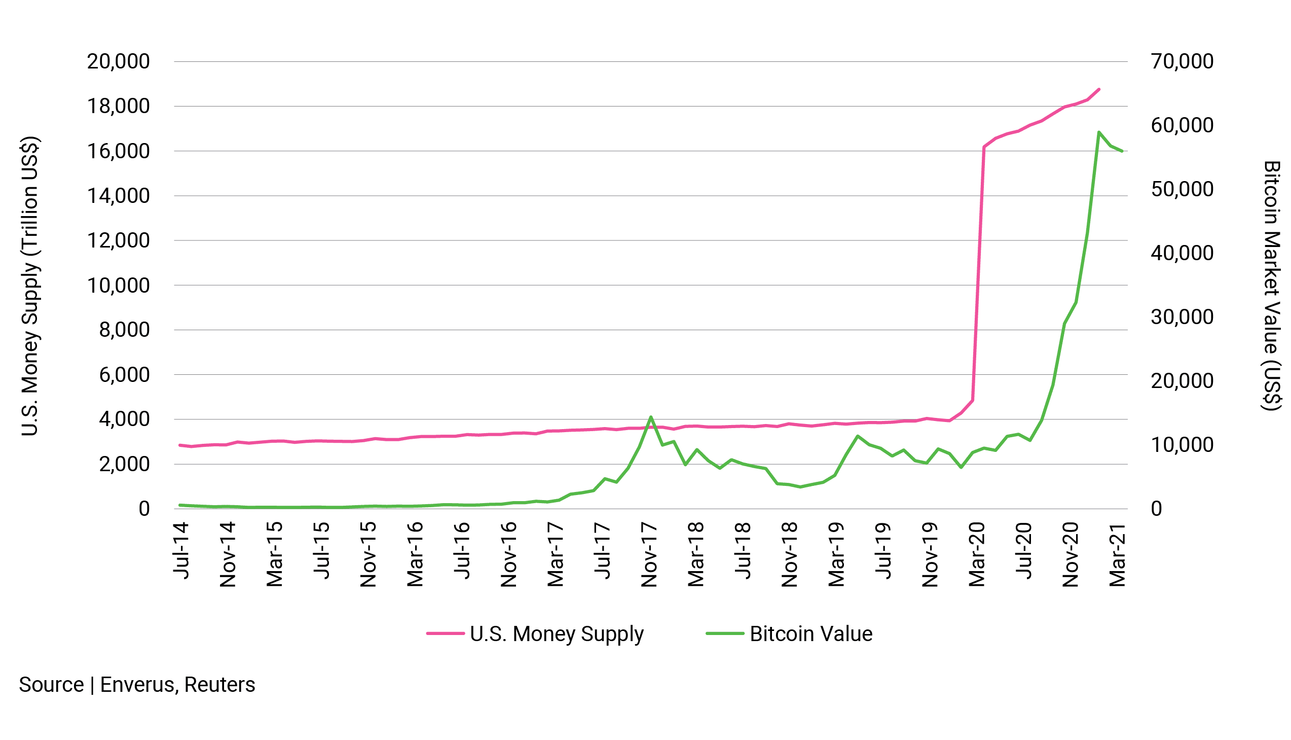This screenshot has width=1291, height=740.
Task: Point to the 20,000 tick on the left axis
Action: click(x=118, y=61)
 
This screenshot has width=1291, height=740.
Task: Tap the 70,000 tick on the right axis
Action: click(x=1182, y=61)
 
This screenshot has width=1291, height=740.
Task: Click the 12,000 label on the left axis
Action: click(x=118, y=240)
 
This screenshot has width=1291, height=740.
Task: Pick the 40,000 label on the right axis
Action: click(x=1182, y=253)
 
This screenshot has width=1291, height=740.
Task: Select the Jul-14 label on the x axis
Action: click(x=181, y=550)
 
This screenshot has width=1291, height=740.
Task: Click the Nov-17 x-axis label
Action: click(x=650, y=554)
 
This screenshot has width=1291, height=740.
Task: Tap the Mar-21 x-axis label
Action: click(x=1118, y=554)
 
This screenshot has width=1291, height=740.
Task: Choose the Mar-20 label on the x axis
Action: click(x=977, y=554)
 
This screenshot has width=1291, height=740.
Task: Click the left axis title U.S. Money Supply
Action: click(x=29, y=286)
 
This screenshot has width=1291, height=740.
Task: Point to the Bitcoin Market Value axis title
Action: click(x=1271, y=286)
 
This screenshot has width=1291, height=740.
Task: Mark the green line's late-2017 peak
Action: click(x=651, y=417)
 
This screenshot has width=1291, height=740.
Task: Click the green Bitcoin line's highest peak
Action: click(x=1098, y=132)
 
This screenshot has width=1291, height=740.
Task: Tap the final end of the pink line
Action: click(x=1099, y=89)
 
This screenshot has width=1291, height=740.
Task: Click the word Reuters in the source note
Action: click(x=219, y=685)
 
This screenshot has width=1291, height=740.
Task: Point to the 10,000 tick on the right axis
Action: click(x=1182, y=445)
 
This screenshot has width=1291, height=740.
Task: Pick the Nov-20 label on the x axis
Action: click(x=1071, y=554)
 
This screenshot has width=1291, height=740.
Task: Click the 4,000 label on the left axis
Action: click(x=124, y=419)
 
